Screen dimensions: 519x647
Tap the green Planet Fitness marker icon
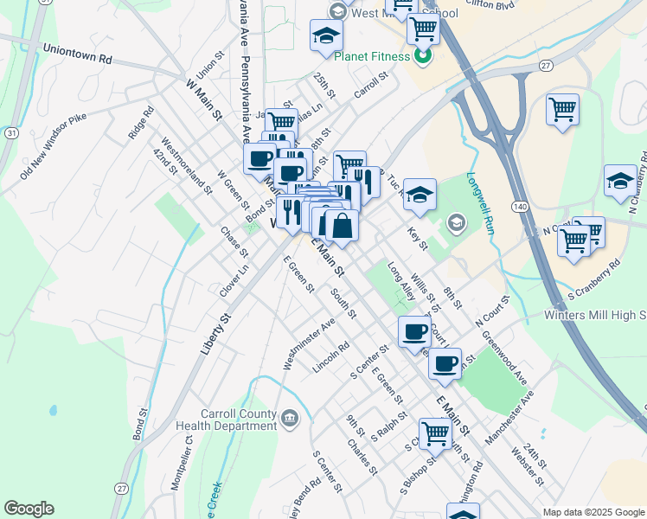[x=423, y=58]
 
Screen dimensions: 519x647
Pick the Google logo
[x=29, y=509]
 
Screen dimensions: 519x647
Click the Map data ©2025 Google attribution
[x=593, y=512]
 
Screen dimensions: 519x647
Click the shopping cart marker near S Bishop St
[x=435, y=432]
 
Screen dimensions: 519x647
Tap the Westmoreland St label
[x=186, y=167]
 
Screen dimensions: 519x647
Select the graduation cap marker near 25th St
[x=326, y=35]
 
